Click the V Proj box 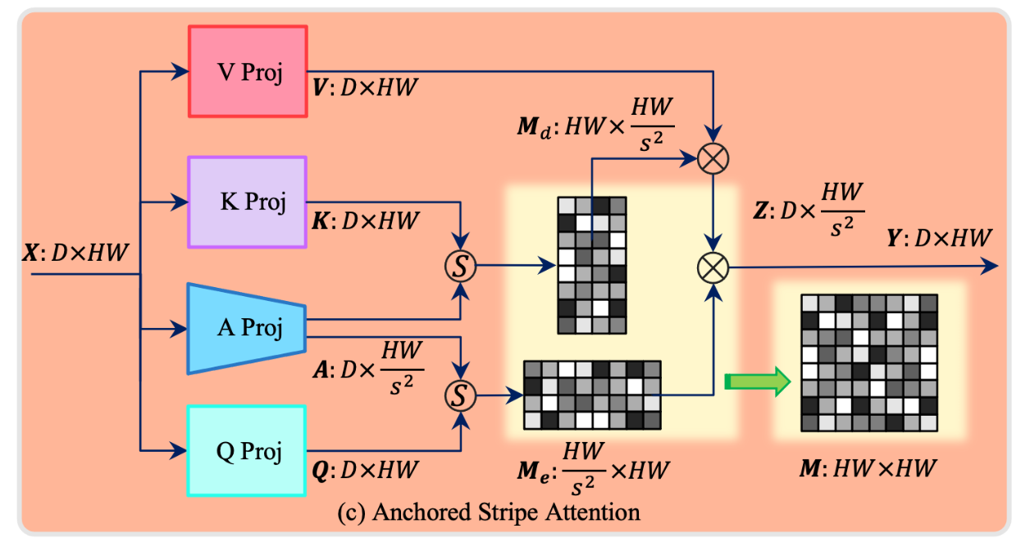pyautogui.click(x=248, y=71)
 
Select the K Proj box pyautogui.click(x=248, y=202)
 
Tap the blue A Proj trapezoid pyautogui.click(x=248, y=328)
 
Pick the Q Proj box pyautogui.click(x=248, y=450)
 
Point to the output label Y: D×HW pyautogui.click(x=939, y=238)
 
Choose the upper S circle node pyautogui.click(x=460, y=265)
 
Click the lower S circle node pyautogui.click(x=460, y=395)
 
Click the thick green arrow pyautogui.click(x=756, y=381)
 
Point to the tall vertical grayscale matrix pyautogui.click(x=591, y=265)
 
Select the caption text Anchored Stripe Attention pyautogui.click(x=489, y=513)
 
